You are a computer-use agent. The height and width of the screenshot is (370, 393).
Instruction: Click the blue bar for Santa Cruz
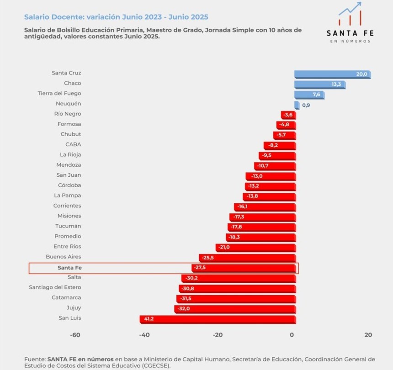pyautogui.click(x=332, y=74)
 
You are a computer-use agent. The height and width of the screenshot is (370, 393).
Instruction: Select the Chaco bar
pyautogui.click(x=319, y=85)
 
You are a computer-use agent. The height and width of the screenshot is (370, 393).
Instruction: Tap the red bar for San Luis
pyautogui.click(x=218, y=319)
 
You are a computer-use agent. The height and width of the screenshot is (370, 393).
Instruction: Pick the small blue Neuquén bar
pyautogui.click(x=297, y=105)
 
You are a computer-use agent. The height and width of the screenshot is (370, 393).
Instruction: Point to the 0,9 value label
pyautogui.click(x=306, y=105)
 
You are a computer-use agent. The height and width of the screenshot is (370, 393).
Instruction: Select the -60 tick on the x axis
pyautogui.click(x=75, y=334)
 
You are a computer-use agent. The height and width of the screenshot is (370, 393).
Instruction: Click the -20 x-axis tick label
pyautogui.click(x=218, y=334)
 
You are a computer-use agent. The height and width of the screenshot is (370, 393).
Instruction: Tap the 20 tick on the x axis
pyautogui.click(x=368, y=334)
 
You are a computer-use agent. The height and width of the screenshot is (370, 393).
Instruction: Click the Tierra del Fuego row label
pyautogui.click(x=59, y=93)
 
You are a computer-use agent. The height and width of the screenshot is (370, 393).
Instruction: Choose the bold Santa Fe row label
pyautogui.click(x=69, y=268)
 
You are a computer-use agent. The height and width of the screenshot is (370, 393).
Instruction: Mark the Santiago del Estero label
pyautogui.click(x=55, y=287)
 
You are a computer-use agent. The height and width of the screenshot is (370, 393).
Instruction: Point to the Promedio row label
pyautogui.click(x=68, y=236)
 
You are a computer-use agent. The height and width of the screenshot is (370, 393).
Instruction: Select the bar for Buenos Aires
pyautogui.click(x=247, y=258)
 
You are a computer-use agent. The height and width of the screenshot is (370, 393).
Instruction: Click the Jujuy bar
pyautogui.click(x=235, y=309)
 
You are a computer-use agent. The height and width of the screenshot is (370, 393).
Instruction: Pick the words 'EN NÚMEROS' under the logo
pyautogui.click(x=350, y=41)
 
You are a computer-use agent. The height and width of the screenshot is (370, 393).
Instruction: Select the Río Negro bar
pyautogui.click(x=288, y=115)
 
